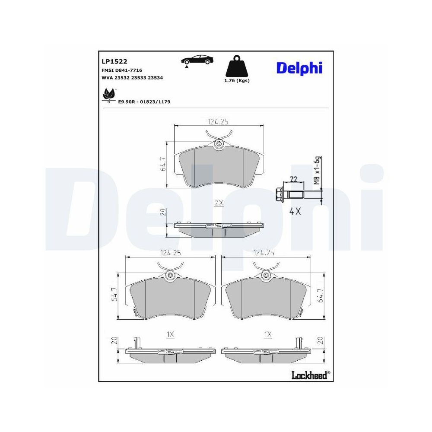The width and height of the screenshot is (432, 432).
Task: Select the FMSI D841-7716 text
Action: (122, 70)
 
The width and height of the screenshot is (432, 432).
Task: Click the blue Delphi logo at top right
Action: (299, 67)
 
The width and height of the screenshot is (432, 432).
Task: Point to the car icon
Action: (197, 60)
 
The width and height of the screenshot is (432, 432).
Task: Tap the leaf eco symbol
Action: (108, 94)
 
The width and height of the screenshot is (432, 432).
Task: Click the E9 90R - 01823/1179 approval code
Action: (144, 102)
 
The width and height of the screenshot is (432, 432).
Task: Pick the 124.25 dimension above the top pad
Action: (218, 122)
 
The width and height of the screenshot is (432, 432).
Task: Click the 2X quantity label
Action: (219, 203)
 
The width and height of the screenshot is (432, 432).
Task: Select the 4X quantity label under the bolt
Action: (295, 212)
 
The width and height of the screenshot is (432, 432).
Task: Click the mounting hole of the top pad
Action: (219, 144)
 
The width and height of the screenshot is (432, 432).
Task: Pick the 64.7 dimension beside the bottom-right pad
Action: (320, 297)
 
